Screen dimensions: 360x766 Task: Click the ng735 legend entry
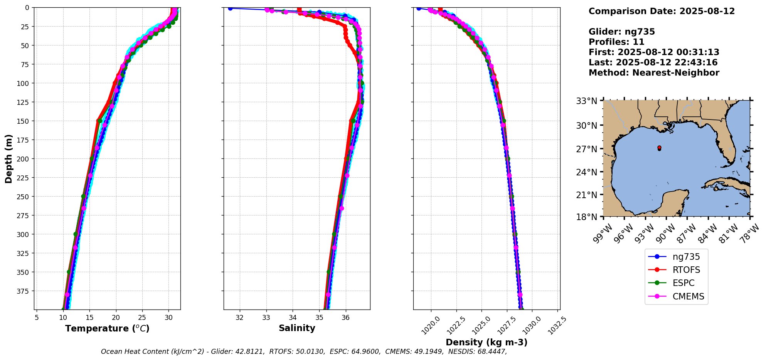coord(686,257)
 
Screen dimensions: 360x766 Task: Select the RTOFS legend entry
coord(686,270)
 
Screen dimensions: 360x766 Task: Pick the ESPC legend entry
coord(684,283)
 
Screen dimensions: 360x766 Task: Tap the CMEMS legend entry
coord(688,296)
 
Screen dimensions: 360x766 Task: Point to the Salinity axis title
coord(297,328)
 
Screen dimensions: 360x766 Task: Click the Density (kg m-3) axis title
coord(487,342)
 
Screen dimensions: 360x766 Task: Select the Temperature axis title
coord(107,328)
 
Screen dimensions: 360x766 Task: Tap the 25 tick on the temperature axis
coord(142,318)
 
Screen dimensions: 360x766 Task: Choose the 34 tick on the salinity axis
coord(293,318)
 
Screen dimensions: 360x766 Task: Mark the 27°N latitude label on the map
coord(586,149)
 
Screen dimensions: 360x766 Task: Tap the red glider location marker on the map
coord(659,148)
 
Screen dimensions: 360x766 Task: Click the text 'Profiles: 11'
coord(616,42)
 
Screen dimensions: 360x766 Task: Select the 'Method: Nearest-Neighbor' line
coord(654,73)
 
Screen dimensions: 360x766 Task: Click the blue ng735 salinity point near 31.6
coord(230,8)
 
